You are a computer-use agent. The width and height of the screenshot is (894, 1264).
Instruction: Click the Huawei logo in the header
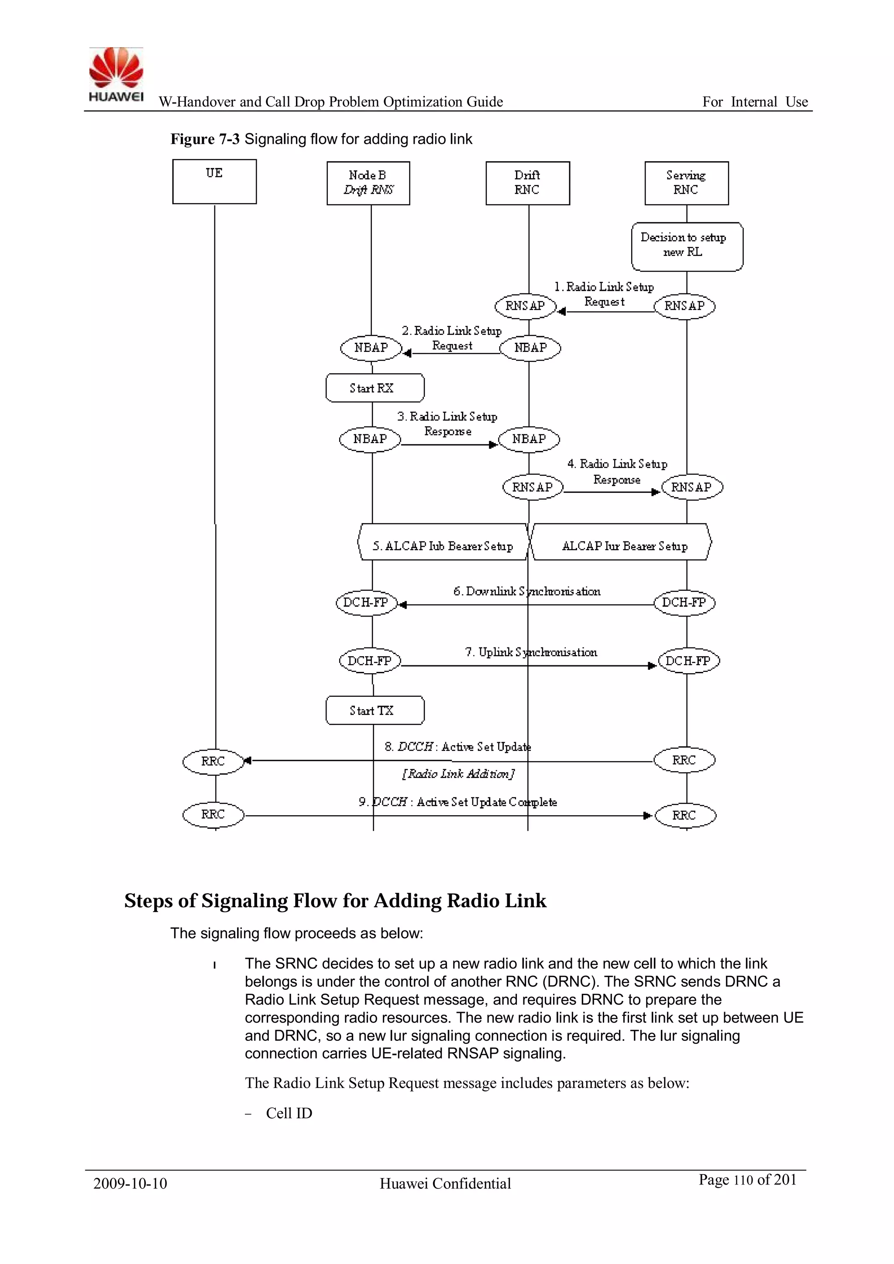pyautogui.click(x=116, y=75)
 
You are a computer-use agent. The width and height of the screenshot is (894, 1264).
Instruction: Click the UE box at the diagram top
pyautogui.click(x=214, y=182)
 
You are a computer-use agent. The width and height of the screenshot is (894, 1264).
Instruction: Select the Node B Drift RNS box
pyautogui.click(x=368, y=183)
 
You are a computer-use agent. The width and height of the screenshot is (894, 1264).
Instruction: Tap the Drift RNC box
pyautogui.click(x=527, y=183)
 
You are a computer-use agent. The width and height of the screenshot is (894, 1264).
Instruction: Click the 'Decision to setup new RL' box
pyautogui.click(x=687, y=246)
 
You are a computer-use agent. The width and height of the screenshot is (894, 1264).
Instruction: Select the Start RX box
pyautogui.click(x=375, y=388)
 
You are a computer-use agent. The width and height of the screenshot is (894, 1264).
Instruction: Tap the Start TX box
pyautogui.click(x=375, y=710)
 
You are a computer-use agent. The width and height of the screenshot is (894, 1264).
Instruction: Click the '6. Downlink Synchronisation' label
pyautogui.click(x=526, y=591)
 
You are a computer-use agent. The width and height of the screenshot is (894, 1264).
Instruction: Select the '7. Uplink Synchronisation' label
pyautogui.click(x=531, y=652)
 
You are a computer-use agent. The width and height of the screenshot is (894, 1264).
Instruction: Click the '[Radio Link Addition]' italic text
pyautogui.click(x=458, y=774)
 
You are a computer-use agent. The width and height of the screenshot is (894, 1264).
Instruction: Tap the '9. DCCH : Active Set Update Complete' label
pyautogui.click(x=457, y=802)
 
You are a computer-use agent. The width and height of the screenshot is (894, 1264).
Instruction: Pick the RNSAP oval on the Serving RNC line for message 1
pyautogui.click(x=684, y=306)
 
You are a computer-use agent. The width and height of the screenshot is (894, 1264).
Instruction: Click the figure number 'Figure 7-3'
pyautogui.click(x=205, y=139)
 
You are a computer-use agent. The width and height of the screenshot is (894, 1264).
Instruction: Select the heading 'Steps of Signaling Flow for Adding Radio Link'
pyautogui.click(x=335, y=901)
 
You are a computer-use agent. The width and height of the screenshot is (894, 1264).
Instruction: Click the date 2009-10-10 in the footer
pyautogui.click(x=130, y=1184)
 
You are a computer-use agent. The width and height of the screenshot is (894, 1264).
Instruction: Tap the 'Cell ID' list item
pyautogui.click(x=289, y=1113)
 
